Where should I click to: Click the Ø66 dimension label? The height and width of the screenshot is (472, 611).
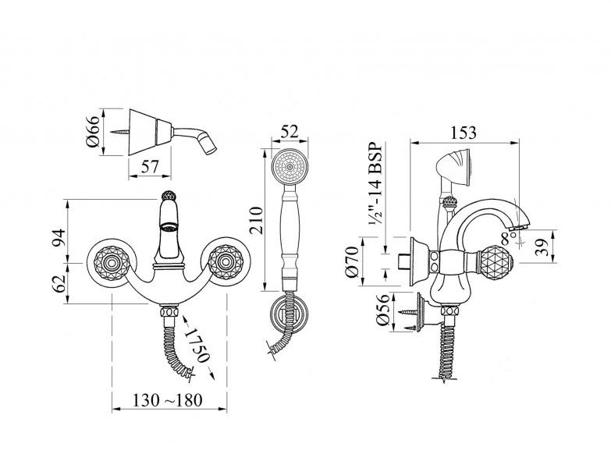tap(94, 132)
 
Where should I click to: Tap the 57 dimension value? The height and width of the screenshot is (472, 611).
tap(150, 167)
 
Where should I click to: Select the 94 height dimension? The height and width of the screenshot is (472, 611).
tap(59, 238)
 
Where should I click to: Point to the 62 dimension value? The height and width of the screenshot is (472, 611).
tap(59, 284)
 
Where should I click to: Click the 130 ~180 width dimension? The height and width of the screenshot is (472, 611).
tap(168, 400)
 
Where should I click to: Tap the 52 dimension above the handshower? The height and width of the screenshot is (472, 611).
tap(290, 131)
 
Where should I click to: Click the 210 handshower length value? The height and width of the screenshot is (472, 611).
tap(257, 221)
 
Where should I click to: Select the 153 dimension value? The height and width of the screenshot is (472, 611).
tap(464, 133)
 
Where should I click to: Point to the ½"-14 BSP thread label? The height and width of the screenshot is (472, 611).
tap(375, 185)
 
